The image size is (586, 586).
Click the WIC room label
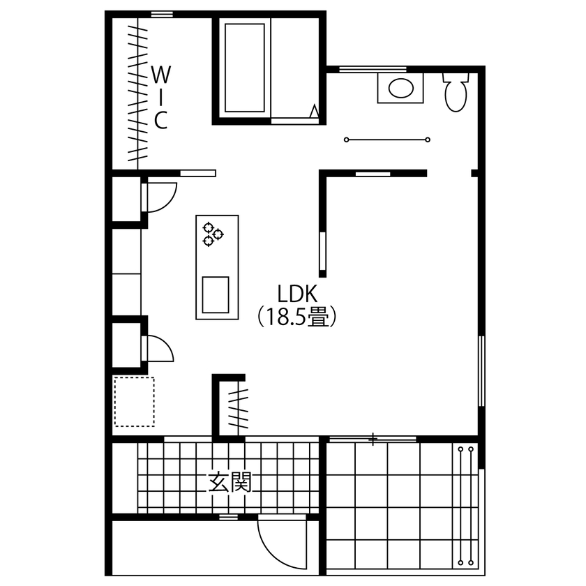pos(160,97)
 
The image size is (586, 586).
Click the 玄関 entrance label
pos(230,481)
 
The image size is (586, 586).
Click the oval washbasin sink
pos(400,89)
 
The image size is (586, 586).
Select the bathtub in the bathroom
pos(244,68)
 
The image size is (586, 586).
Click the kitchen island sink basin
pos(216,294)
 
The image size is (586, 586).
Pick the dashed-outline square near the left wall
pos(133,401)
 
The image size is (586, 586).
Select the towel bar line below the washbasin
pos(386,140)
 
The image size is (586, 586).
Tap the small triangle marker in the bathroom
pos(315,111)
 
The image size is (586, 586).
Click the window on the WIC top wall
pos(163,14)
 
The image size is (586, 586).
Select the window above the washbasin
pos(372,69)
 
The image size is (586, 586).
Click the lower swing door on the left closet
pos(158,347)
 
